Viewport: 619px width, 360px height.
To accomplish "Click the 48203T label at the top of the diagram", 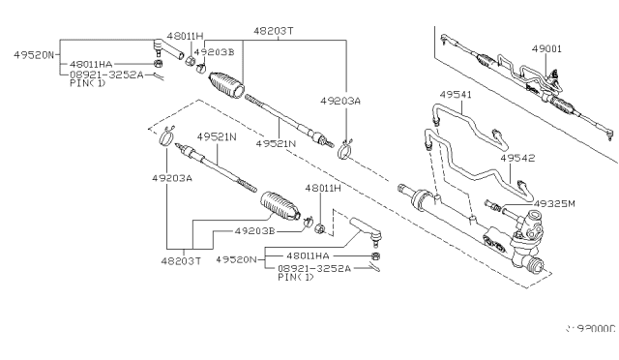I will coord(275,31).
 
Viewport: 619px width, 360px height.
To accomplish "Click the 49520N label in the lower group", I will coord(236,258).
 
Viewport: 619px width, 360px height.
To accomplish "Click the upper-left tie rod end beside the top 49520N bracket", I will coord(163,47).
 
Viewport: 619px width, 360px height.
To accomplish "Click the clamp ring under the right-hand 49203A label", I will coord(343,147).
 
